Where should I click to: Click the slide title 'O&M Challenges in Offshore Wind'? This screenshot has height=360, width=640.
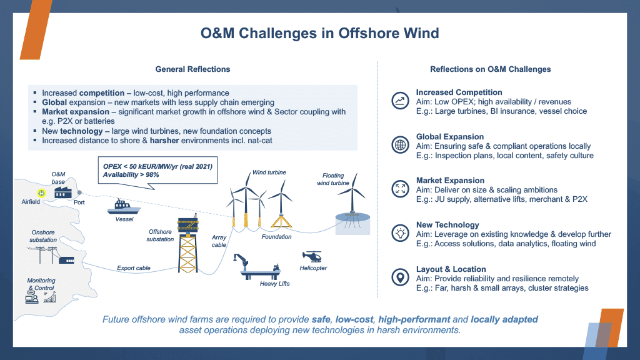[319, 33]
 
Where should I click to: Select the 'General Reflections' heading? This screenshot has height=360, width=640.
[192, 69]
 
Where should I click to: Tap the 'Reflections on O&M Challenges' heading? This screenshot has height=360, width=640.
[490, 69]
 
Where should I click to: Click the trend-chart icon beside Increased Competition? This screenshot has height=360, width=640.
[399, 101]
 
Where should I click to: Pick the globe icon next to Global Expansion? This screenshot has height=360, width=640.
[399, 145]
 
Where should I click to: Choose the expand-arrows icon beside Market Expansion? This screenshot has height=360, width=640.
[399, 189]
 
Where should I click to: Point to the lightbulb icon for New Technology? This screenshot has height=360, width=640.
[399, 233]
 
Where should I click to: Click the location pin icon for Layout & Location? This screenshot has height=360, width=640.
[399, 277]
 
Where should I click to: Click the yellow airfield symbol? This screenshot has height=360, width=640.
[41, 193]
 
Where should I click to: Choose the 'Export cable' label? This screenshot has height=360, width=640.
[134, 268]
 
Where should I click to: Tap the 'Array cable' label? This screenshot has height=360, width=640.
[219, 241]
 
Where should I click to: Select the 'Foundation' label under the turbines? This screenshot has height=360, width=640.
[276, 237]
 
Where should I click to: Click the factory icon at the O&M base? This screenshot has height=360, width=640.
[62, 192]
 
